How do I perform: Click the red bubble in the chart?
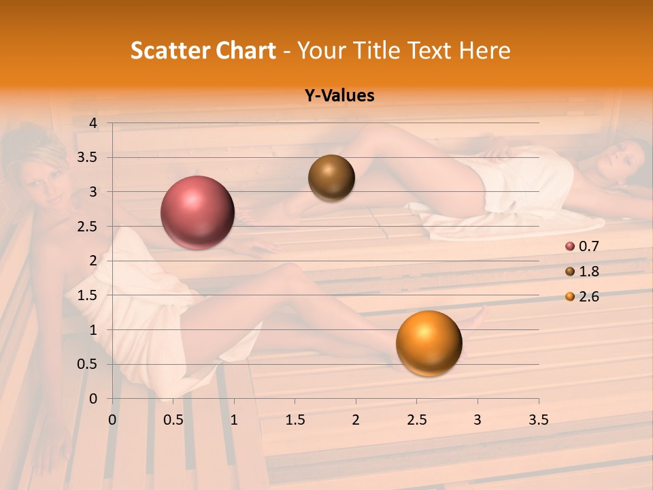point(197,212)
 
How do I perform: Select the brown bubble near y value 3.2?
point(331,178)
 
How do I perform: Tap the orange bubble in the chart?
point(429,343)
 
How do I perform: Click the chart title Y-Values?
point(339,96)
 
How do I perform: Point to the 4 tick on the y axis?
point(94,123)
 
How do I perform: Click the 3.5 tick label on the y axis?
point(88,158)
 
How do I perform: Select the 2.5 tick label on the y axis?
point(88,227)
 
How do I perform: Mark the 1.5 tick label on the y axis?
point(88,295)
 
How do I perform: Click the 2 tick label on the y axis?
point(94,261)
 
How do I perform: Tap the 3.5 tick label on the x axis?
point(538,420)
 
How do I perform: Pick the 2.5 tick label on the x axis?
point(416,420)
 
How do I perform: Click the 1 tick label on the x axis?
point(234,420)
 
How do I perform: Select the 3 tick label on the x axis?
point(478,420)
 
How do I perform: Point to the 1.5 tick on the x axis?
point(295,420)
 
